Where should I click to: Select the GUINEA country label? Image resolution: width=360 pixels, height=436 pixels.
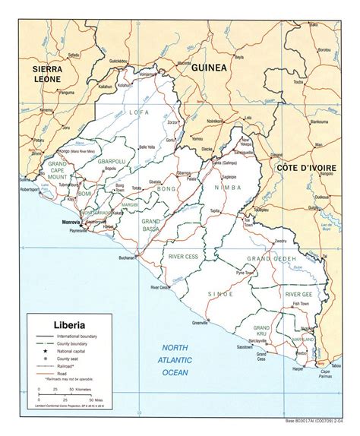[x=209, y=68]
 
